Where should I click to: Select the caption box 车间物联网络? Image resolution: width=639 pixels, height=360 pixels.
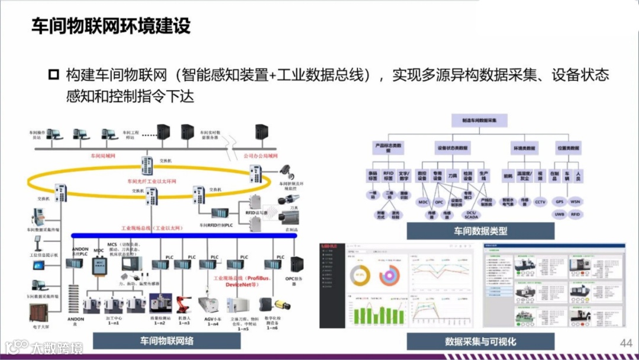click(167, 341)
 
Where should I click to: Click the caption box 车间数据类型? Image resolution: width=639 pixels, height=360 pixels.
click(480, 231)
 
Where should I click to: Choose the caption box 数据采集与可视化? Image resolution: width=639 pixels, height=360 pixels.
click(480, 342)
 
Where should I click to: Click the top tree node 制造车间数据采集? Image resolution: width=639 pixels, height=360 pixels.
click(480, 120)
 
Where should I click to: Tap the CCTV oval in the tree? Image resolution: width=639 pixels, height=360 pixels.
click(540, 202)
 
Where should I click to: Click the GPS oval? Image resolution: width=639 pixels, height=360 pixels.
click(559, 202)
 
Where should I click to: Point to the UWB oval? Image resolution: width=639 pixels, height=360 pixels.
click(559, 214)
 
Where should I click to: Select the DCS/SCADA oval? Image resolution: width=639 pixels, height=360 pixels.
click(471, 216)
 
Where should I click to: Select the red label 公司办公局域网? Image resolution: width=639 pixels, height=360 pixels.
click(260, 156)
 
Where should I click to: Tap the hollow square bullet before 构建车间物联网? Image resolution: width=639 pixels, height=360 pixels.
click(54, 75)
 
